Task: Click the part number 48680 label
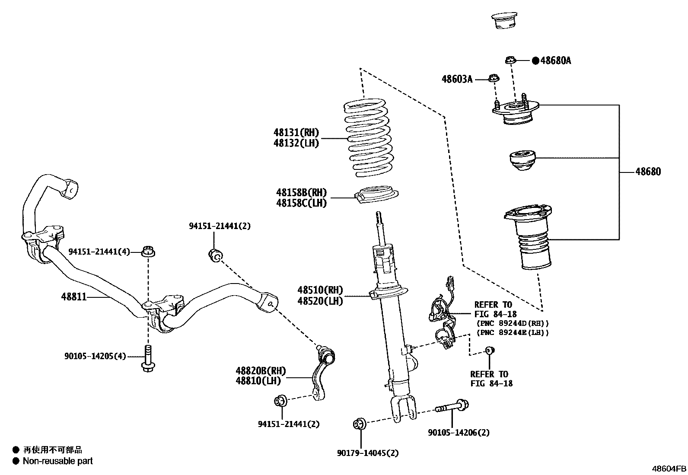coord(647,172)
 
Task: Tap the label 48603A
coord(457,79)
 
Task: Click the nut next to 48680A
coord(510,60)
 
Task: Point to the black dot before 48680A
coord(535,61)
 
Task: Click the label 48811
coord(73,297)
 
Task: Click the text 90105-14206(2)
coord(459,432)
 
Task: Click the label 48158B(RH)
coord(301,192)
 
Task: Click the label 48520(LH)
coord(320,301)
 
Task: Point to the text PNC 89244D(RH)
coord(513,323)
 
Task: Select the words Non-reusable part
coord(57,461)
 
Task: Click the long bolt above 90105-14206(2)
coord(452,407)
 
